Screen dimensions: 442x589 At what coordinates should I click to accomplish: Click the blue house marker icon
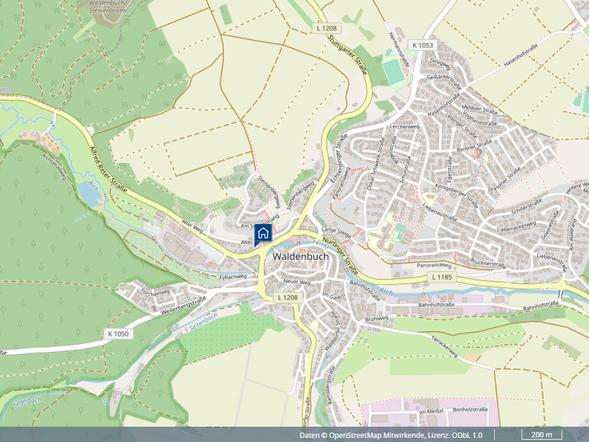point(263,233)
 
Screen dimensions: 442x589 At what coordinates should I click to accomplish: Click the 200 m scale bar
point(541,435)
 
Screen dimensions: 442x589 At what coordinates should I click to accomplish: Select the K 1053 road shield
point(422,45)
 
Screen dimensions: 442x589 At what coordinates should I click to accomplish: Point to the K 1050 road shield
point(118,334)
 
